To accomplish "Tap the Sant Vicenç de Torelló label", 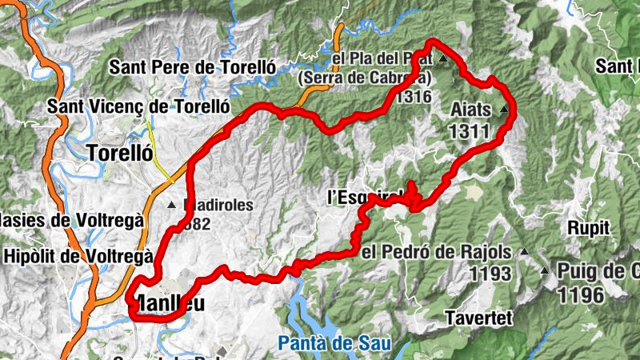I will click(138, 106).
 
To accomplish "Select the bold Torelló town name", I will click(119, 152).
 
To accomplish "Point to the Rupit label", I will click(589, 227).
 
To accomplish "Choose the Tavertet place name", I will click(478, 318).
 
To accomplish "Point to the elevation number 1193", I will click(490, 274).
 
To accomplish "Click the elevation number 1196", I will click(582, 295).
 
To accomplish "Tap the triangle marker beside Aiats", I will click(504, 109).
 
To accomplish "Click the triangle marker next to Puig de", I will click(545, 270).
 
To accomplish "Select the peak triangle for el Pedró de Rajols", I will click(523, 253).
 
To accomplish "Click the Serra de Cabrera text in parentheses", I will click(364, 78).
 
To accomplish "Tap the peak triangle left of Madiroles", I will click(171, 206).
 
